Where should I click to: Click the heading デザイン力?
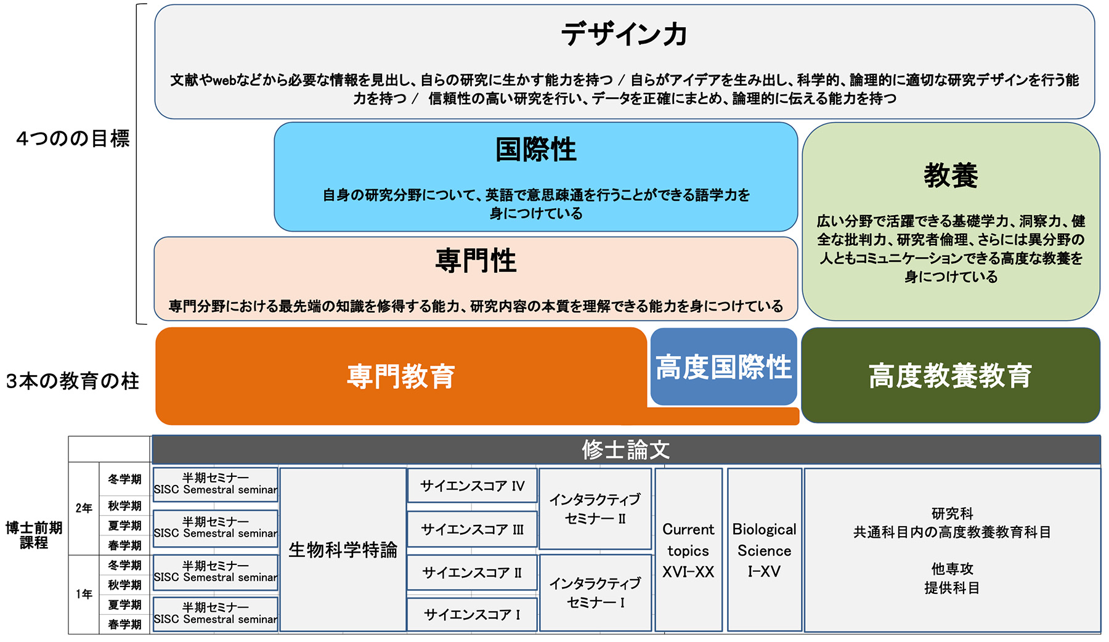[624, 35]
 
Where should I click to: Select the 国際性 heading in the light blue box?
[535, 150]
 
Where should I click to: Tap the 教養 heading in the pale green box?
[951, 176]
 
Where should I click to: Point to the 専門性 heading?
[476, 261]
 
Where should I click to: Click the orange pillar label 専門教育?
[400, 376]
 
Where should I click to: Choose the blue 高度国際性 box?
[723, 367]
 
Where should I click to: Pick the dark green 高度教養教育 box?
[950, 375]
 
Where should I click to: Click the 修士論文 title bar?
[625, 450]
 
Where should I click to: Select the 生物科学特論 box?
[343, 550]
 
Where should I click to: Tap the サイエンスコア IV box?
[472, 486]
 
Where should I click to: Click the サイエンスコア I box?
[472, 614]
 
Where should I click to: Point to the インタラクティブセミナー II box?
[595, 509]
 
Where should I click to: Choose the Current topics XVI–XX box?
[688, 550]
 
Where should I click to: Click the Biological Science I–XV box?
[764, 550]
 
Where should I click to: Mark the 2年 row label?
[84, 508]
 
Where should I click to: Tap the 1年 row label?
[84, 594]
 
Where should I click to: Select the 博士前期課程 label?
[34, 535]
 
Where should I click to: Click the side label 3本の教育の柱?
[73, 381]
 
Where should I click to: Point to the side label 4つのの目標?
[73, 139]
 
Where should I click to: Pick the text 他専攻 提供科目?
[952, 579]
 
